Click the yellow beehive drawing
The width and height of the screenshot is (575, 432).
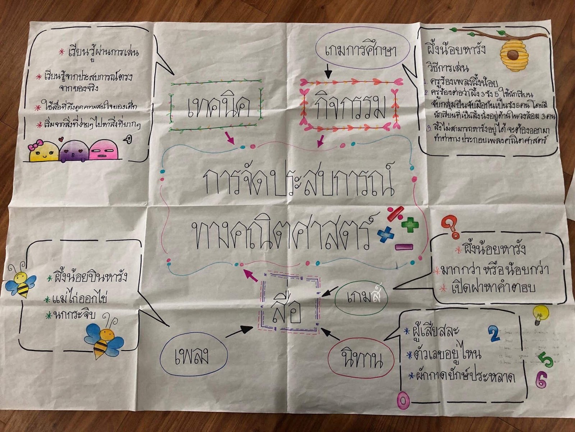pos(512,55)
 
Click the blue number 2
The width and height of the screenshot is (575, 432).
pos(494,334)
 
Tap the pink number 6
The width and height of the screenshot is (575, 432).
pos(541,379)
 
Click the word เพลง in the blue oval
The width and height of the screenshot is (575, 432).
pos(192,356)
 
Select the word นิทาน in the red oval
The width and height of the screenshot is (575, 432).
pos(361,360)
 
